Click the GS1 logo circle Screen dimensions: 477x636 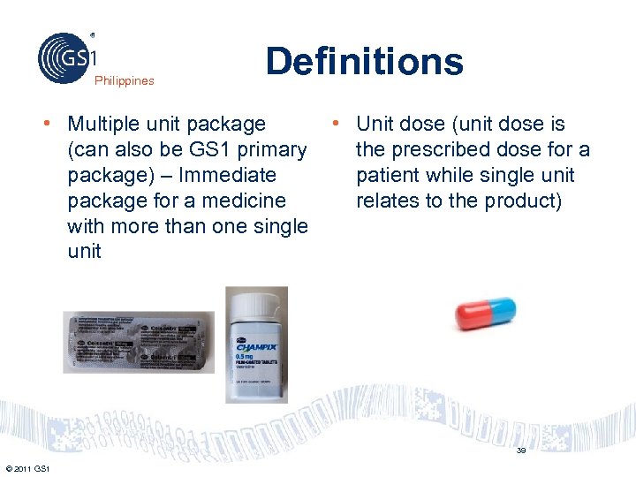(64, 57)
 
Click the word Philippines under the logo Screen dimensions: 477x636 (125, 80)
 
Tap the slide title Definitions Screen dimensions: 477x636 (364, 62)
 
